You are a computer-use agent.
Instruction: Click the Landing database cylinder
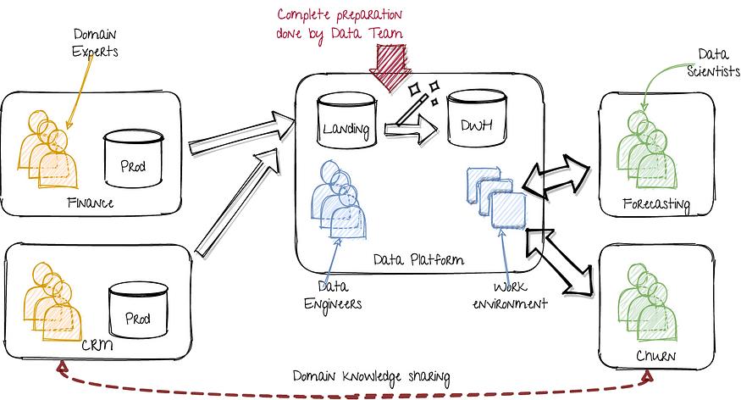click(x=347, y=120)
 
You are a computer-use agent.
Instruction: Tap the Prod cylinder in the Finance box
click(x=134, y=159)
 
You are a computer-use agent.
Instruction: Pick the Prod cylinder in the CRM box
click(x=139, y=310)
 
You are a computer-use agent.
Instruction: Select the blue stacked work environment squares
click(x=495, y=197)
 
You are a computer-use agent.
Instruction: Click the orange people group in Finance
click(x=48, y=149)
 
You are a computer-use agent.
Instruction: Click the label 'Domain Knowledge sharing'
click(x=372, y=377)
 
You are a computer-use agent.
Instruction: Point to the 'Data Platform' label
click(x=418, y=259)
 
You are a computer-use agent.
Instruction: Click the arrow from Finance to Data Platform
click(x=242, y=133)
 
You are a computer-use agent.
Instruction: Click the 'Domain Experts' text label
click(x=95, y=42)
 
